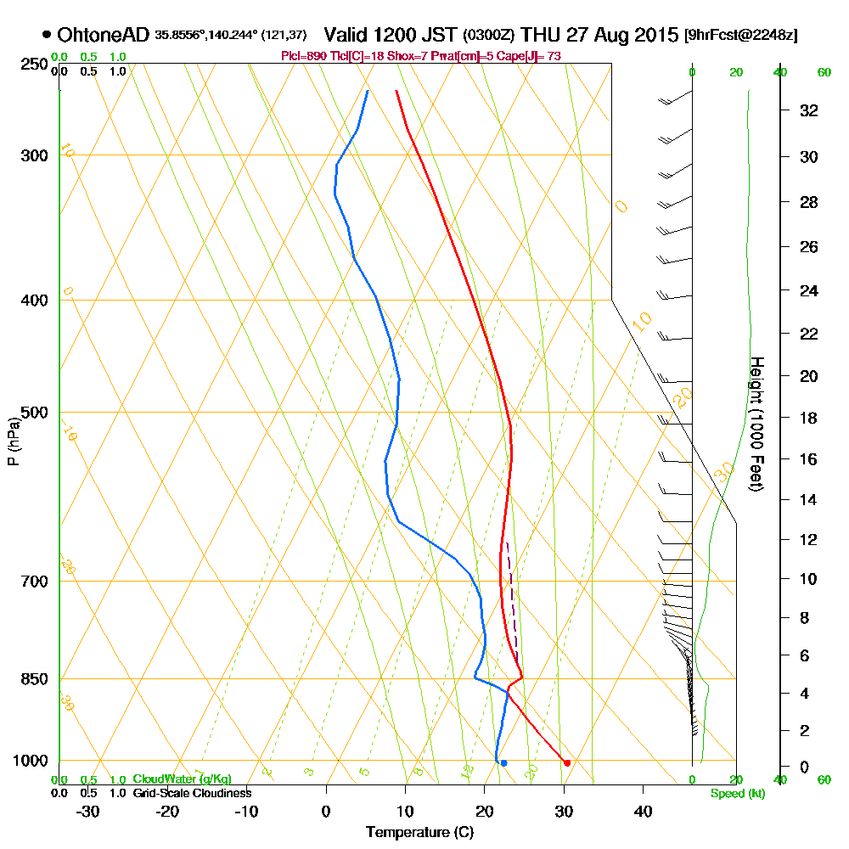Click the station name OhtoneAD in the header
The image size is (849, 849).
tap(104, 36)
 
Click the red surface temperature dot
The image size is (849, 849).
tap(567, 762)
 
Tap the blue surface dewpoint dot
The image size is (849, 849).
tap(503, 763)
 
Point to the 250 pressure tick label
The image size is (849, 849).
tap(32, 65)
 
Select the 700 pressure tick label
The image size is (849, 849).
tap(32, 582)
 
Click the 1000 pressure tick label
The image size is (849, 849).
tap(29, 761)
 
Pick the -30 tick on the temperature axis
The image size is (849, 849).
tap(88, 810)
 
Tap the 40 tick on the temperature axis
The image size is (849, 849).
tap(643, 810)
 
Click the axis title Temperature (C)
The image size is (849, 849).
tap(419, 832)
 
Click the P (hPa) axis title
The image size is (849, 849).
tap(13, 441)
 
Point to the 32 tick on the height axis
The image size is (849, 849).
tap(809, 110)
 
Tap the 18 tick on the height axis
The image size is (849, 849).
tap(809, 418)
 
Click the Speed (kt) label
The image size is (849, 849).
tap(735, 793)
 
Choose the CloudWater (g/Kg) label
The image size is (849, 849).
tap(182, 779)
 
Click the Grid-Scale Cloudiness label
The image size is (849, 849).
tap(191, 793)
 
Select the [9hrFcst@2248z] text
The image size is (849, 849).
tap(740, 36)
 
